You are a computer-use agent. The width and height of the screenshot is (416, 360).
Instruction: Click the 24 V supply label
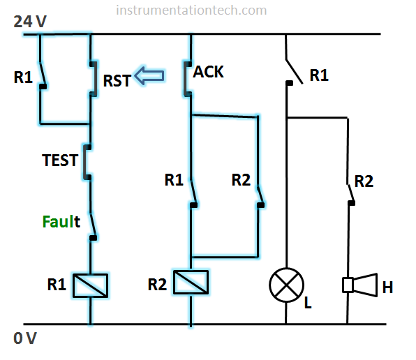pos(30,22)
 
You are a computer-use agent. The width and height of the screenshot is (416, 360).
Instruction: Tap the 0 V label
pos(25,338)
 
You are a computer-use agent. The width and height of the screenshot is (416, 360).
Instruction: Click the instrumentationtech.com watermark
pos(191,10)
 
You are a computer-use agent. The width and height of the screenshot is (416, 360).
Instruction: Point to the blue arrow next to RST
pos(149,76)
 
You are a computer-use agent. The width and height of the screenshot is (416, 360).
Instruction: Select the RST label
pos(117,81)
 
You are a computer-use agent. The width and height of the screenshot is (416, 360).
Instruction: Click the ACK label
pos(208,72)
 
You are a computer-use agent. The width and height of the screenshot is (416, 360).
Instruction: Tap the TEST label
pos(60,160)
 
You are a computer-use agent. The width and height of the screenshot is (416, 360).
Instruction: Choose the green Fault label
pos(61,222)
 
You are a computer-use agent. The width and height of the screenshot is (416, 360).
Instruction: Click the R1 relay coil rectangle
pos(91,285)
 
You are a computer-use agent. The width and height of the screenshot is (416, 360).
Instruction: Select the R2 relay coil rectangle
pos(191,282)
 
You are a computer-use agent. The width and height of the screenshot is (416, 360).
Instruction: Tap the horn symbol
pos(360,285)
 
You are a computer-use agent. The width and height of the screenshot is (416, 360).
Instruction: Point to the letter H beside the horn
pos(387,287)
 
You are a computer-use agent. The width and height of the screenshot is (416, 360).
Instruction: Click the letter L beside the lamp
pos(308,303)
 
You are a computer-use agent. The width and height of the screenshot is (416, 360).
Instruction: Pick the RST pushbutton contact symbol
pos(93,79)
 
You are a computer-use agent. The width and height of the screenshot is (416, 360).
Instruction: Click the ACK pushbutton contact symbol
pos(188,79)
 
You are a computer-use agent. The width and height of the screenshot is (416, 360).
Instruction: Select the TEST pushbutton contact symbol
pos(87,163)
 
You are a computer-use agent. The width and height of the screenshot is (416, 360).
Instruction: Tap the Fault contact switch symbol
pos(93,226)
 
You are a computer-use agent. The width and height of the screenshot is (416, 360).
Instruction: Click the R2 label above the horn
pos(364,181)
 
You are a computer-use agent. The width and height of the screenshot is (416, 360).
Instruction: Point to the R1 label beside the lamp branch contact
pos(319,75)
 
